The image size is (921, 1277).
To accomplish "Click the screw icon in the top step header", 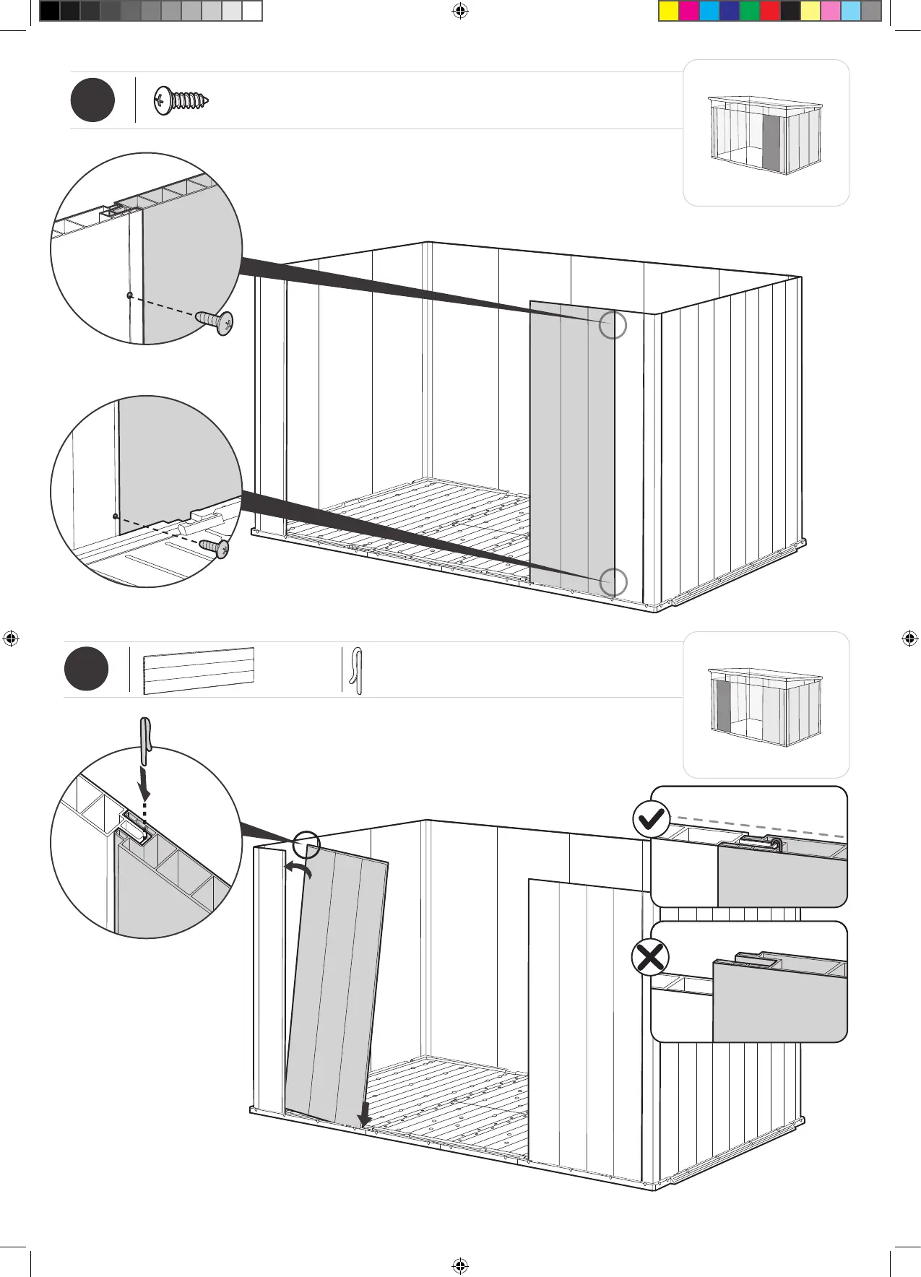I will point(181,101).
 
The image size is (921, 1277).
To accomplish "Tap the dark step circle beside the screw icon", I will point(92,100).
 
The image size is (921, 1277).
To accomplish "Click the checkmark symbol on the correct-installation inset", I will point(650,819).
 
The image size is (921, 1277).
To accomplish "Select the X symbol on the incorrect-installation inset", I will point(650,958).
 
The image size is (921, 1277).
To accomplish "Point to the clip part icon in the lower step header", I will point(356,671).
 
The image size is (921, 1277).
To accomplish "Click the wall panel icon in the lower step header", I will point(199,671).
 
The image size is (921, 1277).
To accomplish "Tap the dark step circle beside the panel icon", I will point(86,669).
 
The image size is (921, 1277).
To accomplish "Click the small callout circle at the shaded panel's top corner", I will point(613,325).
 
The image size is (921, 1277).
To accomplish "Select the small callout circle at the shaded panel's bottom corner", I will point(613,582).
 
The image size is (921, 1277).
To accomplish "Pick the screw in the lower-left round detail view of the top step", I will point(215,547).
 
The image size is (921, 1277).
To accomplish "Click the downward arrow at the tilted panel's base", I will point(366,1113).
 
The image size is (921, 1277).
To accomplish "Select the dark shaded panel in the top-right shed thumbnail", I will point(771,142).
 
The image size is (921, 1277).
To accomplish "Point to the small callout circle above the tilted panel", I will point(307,843).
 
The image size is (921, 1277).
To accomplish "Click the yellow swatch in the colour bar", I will point(669,11).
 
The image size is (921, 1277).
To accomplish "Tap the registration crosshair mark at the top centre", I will point(460,11).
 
